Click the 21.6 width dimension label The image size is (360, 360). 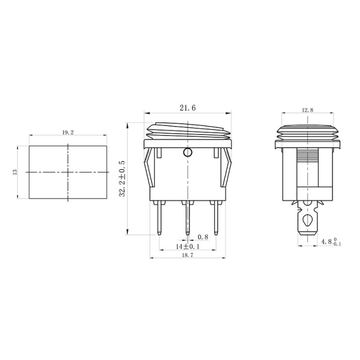pyautogui.click(x=187, y=108)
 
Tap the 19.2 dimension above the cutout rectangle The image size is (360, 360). pyautogui.click(x=67, y=133)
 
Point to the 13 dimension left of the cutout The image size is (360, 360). pyautogui.click(x=15, y=172)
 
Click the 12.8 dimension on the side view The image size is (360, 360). pyautogui.click(x=307, y=110)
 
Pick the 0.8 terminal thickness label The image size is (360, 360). pyautogui.click(x=203, y=237)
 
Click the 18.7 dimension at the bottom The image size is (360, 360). pyautogui.click(x=188, y=255)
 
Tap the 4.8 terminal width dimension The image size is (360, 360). pyautogui.click(x=329, y=243)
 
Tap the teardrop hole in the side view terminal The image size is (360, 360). pyautogui.click(x=307, y=220)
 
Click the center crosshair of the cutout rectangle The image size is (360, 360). pyautogui.click(x=67, y=172)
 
